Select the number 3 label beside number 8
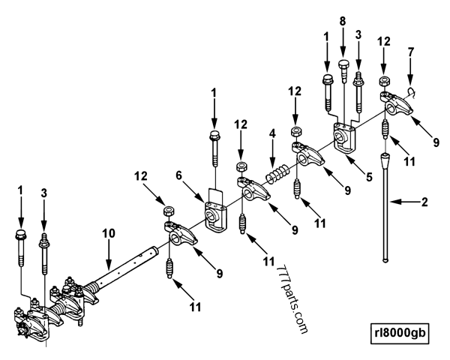click(358, 35)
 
